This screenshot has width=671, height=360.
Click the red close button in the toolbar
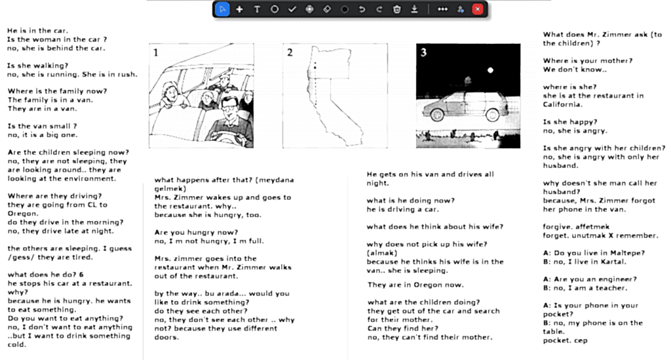tap(478, 9)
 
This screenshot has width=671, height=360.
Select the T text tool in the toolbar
tap(257, 9)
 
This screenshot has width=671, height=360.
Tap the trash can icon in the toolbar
tap(396, 9)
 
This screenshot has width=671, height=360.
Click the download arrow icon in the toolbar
tap(414, 9)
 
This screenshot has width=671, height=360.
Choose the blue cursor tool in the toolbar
tap(223, 9)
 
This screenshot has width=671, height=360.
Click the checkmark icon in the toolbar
tap(292, 9)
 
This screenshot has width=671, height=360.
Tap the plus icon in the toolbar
tap(239, 9)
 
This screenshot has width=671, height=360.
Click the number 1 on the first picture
tap(155, 52)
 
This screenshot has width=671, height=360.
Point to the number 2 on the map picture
tap(290, 52)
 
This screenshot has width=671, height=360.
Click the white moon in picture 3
tap(489, 70)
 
